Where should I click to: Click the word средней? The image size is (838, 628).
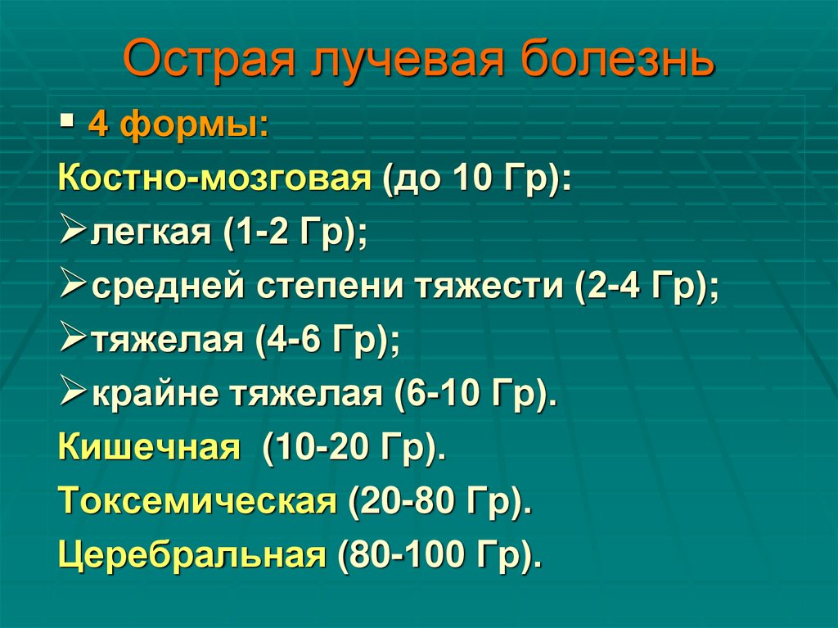[x=164, y=287]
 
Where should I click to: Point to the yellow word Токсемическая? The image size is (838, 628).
[x=197, y=502]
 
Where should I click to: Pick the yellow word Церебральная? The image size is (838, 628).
[x=192, y=556]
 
